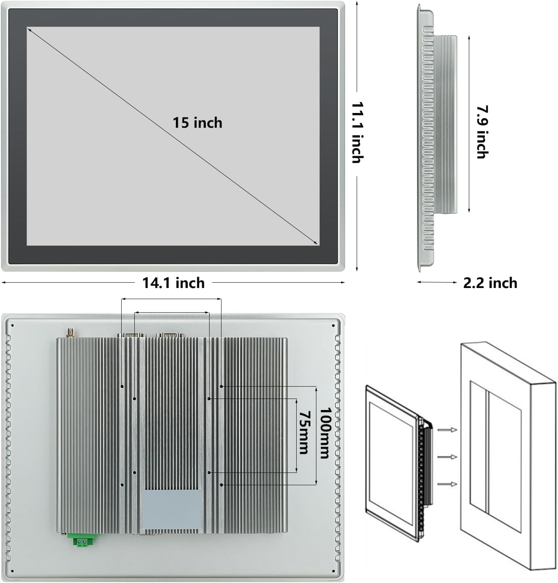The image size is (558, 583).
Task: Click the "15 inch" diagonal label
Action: coord(197,122)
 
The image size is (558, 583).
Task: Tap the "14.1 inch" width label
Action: coord(173,283)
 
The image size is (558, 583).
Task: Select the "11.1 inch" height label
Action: coord(357,132)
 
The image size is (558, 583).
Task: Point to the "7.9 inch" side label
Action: coord(482,132)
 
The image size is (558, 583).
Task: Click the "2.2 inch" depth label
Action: coord(490,283)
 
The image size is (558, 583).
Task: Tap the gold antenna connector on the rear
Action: coord(69,332)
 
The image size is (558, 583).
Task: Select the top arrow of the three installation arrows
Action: coord(447,430)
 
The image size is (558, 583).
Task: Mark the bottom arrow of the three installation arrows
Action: coord(447,484)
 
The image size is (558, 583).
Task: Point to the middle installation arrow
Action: coord(447,457)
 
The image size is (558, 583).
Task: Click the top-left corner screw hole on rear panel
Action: coord(13,325)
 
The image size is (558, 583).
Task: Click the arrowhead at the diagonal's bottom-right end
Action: coord(316,243)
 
